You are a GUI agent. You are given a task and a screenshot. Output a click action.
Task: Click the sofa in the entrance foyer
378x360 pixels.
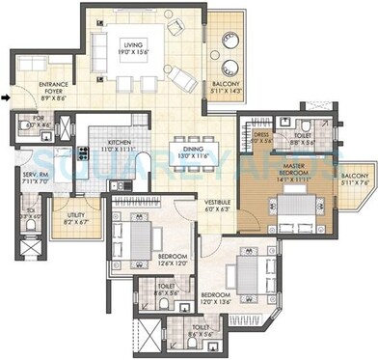(32, 66)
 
